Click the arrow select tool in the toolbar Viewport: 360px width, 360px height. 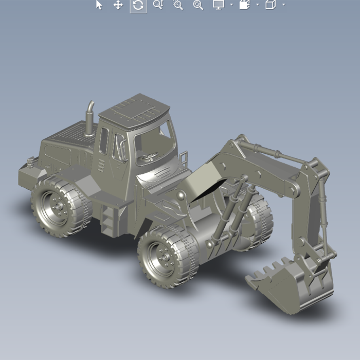click(x=99, y=5)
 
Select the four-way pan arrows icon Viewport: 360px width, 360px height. click(x=118, y=5)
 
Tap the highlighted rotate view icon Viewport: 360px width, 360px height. click(x=138, y=5)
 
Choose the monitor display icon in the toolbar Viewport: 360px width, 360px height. click(x=218, y=5)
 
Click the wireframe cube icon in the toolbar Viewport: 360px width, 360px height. click(x=270, y=5)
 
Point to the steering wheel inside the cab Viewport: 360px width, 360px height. click(x=149, y=157)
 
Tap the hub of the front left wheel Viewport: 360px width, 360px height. click(x=164, y=256)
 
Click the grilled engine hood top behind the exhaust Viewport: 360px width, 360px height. click(x=70, y=133)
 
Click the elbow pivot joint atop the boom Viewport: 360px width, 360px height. click(x=241, y=140)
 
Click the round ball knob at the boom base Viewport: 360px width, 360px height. click(x=181, y=196)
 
